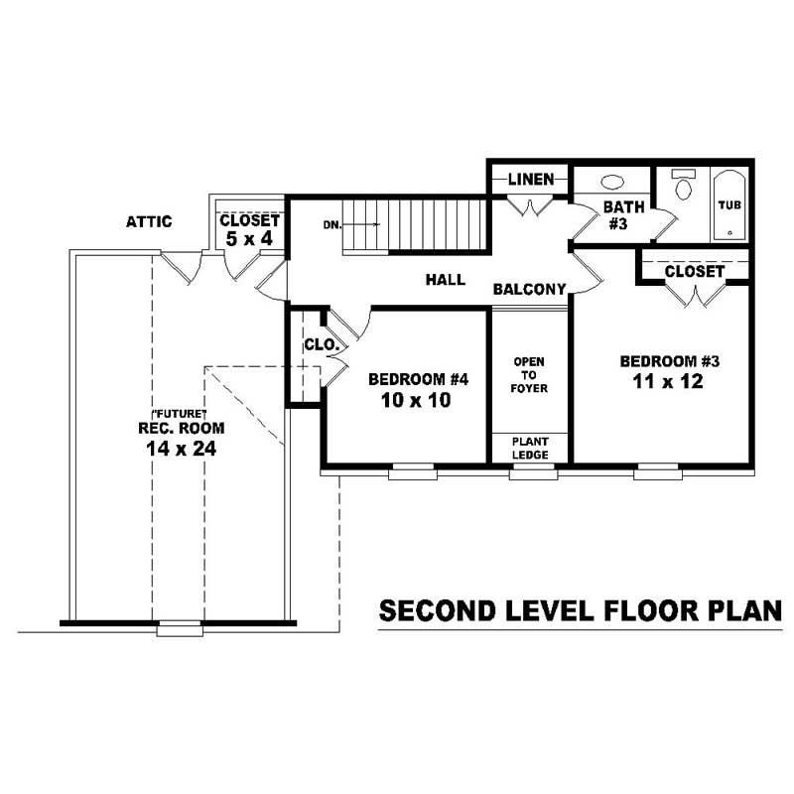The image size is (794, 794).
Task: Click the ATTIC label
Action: [x=148, y=221]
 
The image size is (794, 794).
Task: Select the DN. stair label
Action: [x=331, y=225]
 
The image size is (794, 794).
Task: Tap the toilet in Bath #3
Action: [x=683, y=187]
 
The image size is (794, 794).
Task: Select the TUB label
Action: [x=729, y=204]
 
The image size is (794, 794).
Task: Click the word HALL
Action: [x=446, y=281]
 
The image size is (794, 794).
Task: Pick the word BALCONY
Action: [x=530, y=290]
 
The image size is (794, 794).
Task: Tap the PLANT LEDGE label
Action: [x=529, y=448]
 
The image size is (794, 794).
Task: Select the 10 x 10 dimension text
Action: [x=410, y=400]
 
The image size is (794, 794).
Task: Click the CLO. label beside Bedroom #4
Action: [x=323, y=346]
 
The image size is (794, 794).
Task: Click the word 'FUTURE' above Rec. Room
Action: [x=179, y=413]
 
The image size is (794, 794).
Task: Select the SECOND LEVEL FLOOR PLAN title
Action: [x=581, y=611]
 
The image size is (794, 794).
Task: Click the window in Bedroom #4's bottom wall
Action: [x=405, y=473]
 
